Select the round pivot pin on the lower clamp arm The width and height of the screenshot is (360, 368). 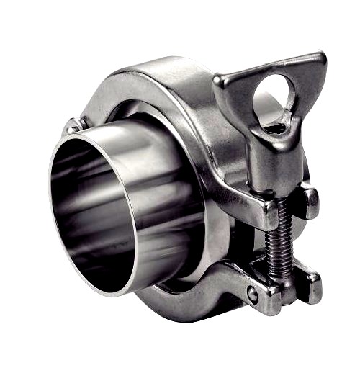252,295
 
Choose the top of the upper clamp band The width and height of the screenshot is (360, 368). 166,68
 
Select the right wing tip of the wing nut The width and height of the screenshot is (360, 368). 317,61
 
